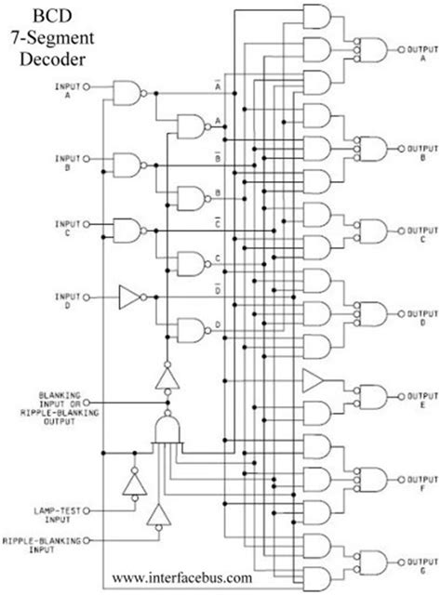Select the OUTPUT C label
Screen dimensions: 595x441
415,231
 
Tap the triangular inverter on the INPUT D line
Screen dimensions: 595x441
128,297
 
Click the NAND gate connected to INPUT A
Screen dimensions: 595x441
127,89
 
